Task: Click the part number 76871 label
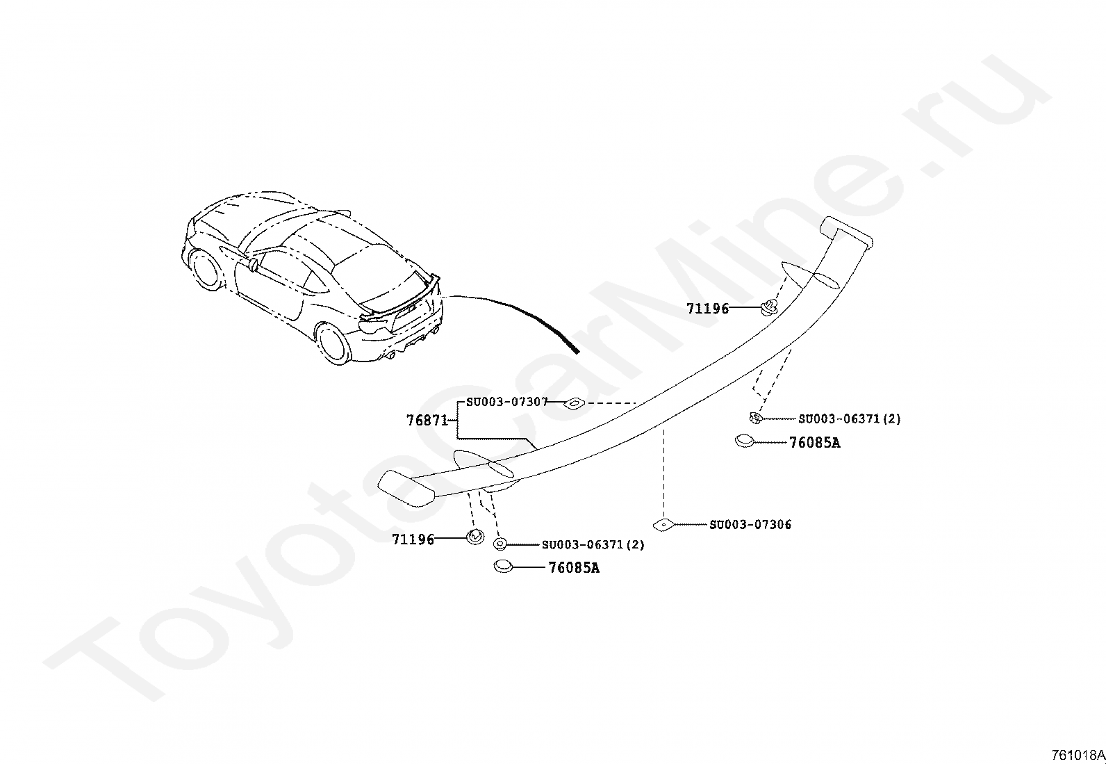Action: point(427,421)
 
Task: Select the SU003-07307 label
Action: point(506,402)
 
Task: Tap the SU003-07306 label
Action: point(750,524)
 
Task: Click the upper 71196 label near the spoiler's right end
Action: point(707,309)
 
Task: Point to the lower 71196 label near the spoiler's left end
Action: point(413,539)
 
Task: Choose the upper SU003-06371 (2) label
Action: point(849,418)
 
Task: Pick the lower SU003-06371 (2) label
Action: point(593,544)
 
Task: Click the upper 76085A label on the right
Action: point(814,443)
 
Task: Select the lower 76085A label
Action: point(574,568)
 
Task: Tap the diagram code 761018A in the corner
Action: point(1078,755)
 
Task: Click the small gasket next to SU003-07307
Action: point(574,403)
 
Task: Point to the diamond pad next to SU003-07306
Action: point(663,524)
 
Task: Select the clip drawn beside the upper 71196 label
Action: point(768,307)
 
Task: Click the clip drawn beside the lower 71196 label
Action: point(475,537)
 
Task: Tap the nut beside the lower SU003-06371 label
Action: point(500,544)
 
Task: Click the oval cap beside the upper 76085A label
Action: point(744,440)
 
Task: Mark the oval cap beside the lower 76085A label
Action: point(502,567)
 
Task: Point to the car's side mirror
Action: point(253,264)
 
